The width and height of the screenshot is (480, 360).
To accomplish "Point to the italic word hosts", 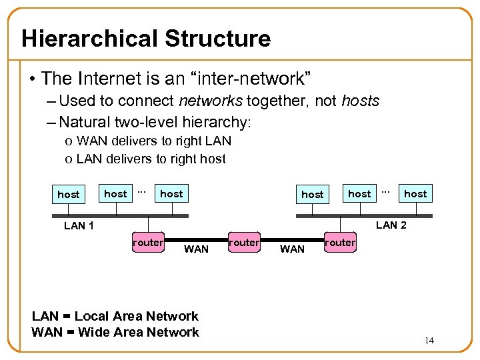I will coord(360,101).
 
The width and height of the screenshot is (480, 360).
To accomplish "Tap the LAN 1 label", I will coord(79,225).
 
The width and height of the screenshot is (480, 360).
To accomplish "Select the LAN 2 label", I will coord(391,225).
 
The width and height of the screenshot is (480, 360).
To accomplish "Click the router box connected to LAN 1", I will coord(147,243).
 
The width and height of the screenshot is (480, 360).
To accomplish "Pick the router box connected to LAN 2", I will coord(340,243).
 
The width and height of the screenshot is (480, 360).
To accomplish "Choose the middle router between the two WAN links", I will coord(243,243).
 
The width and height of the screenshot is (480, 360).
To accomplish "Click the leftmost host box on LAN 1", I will coord(68,195).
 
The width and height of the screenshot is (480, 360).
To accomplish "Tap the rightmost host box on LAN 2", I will coord(415,193).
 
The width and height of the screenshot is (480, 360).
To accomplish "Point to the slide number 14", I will coord(429,341).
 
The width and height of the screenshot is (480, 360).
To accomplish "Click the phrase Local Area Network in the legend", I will coord(136,316).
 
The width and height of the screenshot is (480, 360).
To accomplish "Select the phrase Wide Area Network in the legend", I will coord(139,332).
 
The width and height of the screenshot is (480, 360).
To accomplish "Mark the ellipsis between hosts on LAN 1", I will coord(141,191).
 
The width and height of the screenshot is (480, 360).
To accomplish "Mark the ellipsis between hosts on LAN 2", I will coord(385,191).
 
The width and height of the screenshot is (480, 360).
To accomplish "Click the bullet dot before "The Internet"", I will coord(32,79).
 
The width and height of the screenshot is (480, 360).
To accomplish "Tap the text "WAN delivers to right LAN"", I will coord(154,141).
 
